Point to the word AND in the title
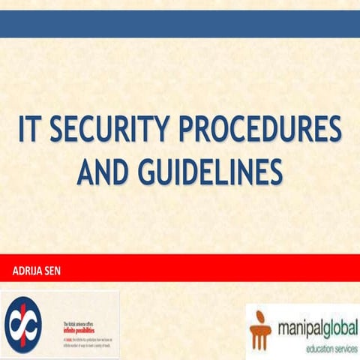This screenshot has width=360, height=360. (x=101, y=172)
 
